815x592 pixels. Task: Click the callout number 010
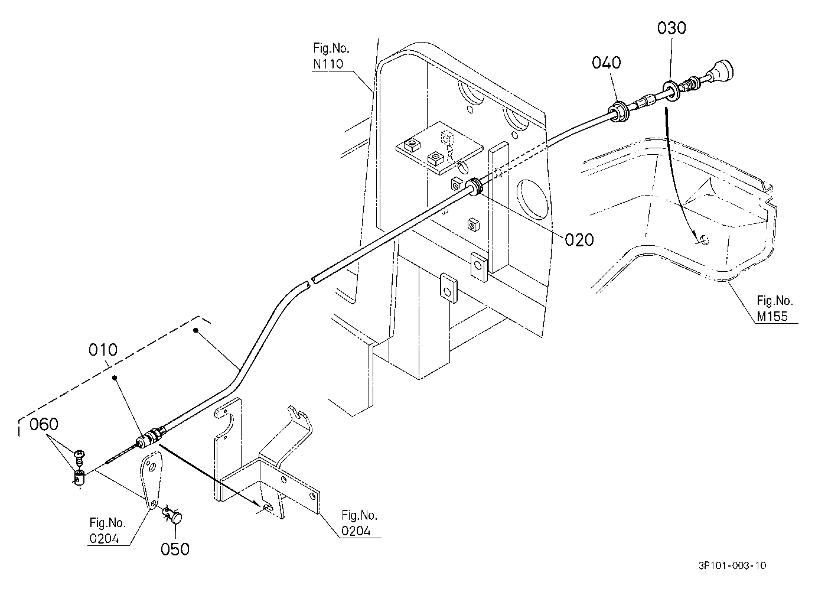click(x=103, y=350)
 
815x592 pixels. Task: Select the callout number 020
click(x=579, y=240)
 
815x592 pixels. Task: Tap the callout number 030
click(x=671, y=28)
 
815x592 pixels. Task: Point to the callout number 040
click(x=606, y=63)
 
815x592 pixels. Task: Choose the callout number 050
click(x=175, y=549)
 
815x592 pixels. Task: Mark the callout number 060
click(x=44, y=424)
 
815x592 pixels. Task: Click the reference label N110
click(x=328, y=64)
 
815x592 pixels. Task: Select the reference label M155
click(x=772, y=317)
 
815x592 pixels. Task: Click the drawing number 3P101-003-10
click(x=732, y=565)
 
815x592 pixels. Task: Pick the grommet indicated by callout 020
click(x=474, y=187)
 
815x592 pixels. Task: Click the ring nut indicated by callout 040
click(x=618, y=112)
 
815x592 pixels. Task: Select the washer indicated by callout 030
click(x=671, y=90)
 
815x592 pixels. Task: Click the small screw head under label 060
click(x=79, y=454)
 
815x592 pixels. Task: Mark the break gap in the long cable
click(x=309, y=282)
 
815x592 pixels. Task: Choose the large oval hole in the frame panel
click(x=533, y=200)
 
